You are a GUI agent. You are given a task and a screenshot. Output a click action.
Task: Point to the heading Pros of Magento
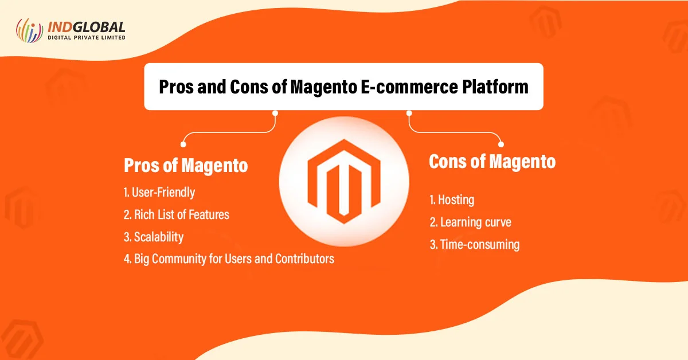[x=186, y=166]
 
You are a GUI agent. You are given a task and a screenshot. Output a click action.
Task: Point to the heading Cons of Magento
[x=492, y=162]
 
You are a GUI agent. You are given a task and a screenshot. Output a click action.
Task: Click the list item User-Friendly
[x=159, y=193]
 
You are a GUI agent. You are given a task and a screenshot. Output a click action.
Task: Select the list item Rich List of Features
[x=177, y=215]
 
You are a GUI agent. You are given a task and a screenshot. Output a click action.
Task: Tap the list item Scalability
[x=154, y=237]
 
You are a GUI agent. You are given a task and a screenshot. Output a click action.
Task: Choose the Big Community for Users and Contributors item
[x=229, y=259]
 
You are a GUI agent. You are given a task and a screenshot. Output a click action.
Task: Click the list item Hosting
[x=452, y=200]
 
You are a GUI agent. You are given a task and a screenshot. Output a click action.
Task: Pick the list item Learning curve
[x=470, y=222]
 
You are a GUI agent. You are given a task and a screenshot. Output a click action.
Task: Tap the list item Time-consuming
[x=474, y=245]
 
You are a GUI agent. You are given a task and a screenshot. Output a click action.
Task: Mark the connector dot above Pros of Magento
[x=183, y=144]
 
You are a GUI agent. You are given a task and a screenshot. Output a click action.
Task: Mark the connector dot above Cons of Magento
[x=501, y=144]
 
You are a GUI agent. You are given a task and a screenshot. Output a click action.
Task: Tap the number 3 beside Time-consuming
[x=433, y=245]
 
